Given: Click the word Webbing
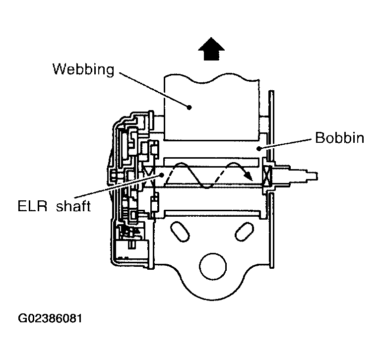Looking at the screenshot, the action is coord(83,69).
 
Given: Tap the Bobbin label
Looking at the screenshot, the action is coord(340,138).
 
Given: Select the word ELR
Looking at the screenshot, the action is coord(32,206).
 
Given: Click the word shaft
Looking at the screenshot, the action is coord(73,206).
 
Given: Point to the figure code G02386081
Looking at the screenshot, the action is coord(50,318).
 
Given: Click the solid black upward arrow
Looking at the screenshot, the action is coord(211,49).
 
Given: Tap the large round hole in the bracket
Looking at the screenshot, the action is coord(213,266).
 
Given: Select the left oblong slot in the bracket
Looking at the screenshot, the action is coord(180,232).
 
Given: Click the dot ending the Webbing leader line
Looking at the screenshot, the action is coord(189,107).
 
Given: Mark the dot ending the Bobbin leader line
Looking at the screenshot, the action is coord(259,148).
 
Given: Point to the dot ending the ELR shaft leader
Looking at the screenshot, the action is coord(162,175).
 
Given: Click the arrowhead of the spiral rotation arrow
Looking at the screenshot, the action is coord(249,176).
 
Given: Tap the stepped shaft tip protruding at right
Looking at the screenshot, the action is coord(304,176).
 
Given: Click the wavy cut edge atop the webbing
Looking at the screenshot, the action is coord(212,78).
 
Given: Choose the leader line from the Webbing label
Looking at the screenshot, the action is coord(153,90).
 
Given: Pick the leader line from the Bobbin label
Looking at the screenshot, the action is coord(285,143).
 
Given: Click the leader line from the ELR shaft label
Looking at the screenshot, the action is coord(118,186).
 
